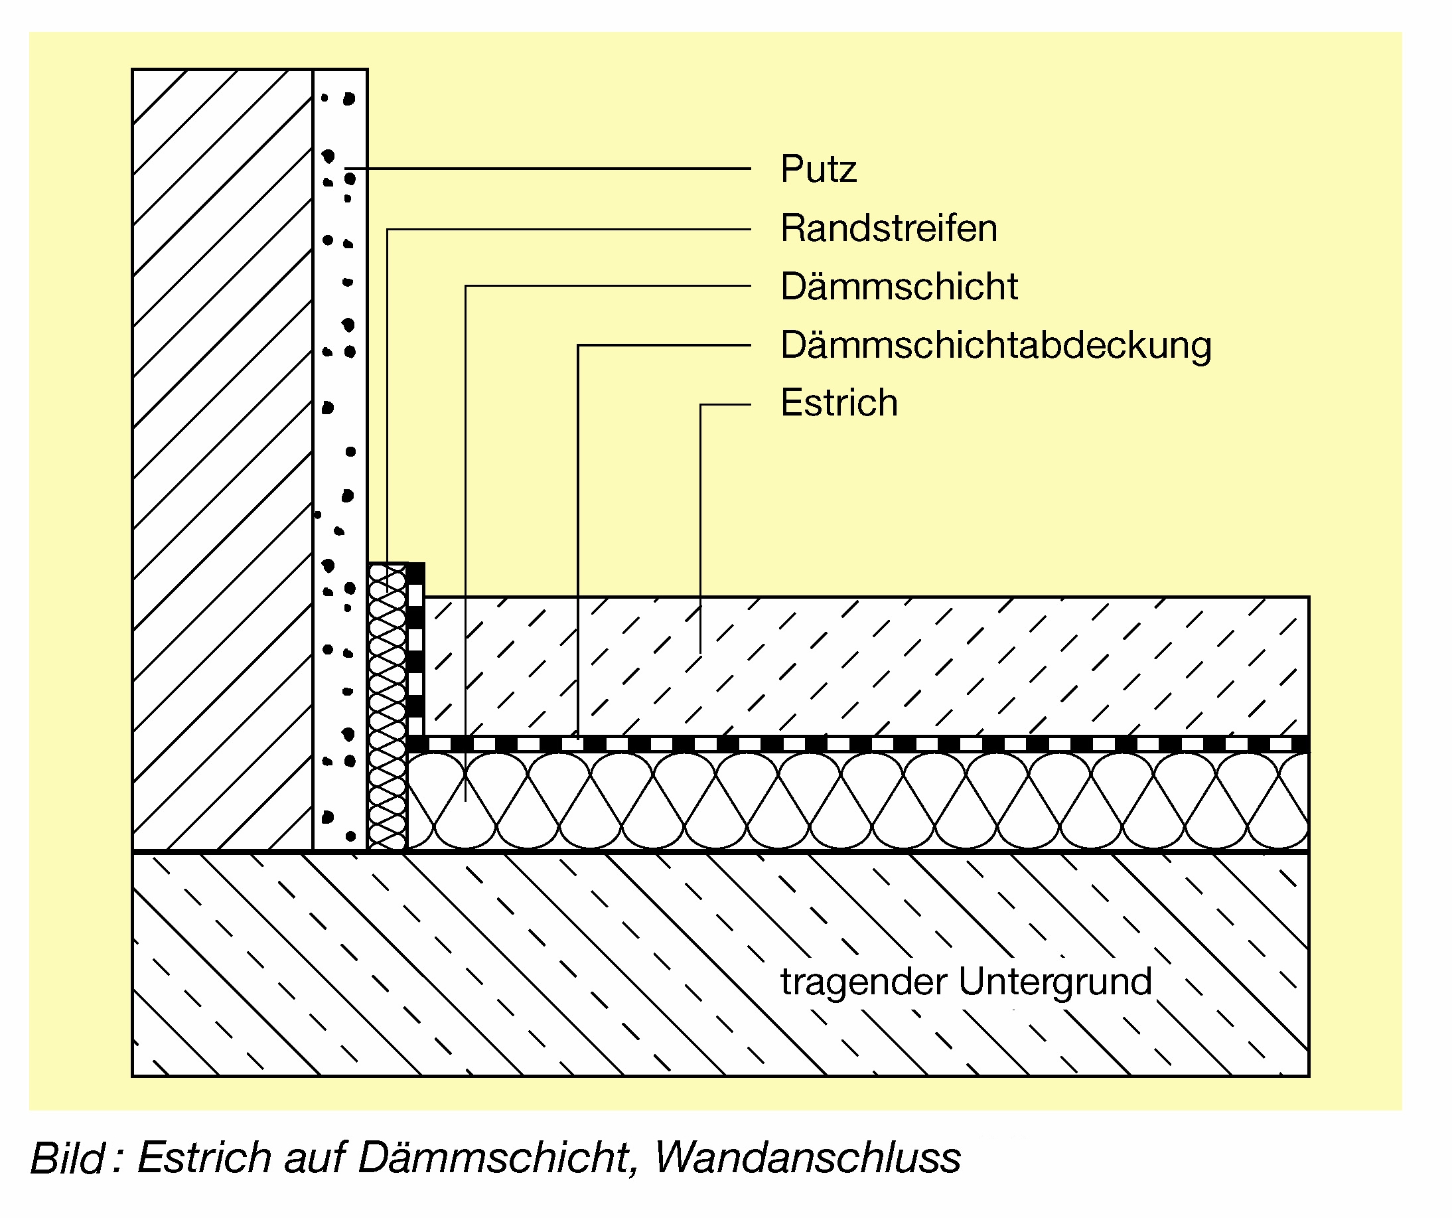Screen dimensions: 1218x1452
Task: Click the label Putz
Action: click(x=818, y=169)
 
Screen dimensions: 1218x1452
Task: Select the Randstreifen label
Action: click(x=889, y=228)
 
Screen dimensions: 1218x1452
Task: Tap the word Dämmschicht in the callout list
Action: click(x=899, y=286)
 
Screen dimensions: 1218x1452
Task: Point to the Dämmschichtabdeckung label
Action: click(x=995, y=345)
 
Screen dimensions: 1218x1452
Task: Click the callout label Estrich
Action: click(x=839, y=402)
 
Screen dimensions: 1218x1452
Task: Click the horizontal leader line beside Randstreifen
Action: click(x=567, y=229)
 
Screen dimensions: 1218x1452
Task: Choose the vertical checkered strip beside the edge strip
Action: click(x=415, y=650)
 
